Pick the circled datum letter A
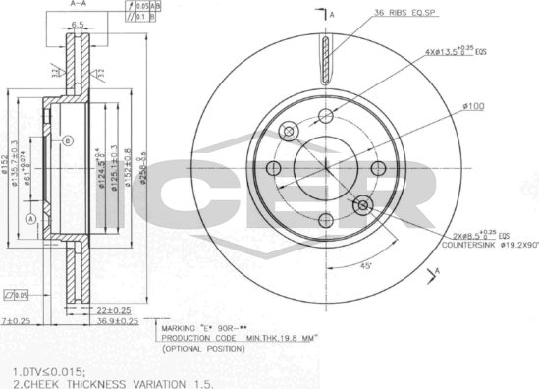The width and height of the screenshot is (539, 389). (31, 218)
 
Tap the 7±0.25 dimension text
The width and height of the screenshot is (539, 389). (17, 321)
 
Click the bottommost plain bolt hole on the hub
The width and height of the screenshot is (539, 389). (327, 221)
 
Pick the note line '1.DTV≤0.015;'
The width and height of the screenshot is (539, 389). (49, 372)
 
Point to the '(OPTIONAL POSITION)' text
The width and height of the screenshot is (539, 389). (204, 349)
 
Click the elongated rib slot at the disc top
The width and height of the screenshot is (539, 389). (327, 59)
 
